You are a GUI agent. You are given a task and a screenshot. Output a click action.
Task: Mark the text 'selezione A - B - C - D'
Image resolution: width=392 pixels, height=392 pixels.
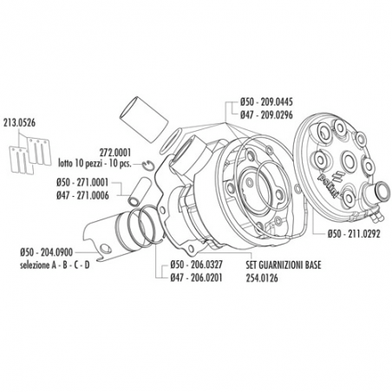coord(53,262)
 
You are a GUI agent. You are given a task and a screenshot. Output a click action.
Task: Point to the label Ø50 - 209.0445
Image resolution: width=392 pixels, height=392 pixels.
coord(269,101)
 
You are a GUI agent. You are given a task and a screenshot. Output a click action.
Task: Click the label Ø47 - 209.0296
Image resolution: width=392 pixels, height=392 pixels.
coord(269,112)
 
